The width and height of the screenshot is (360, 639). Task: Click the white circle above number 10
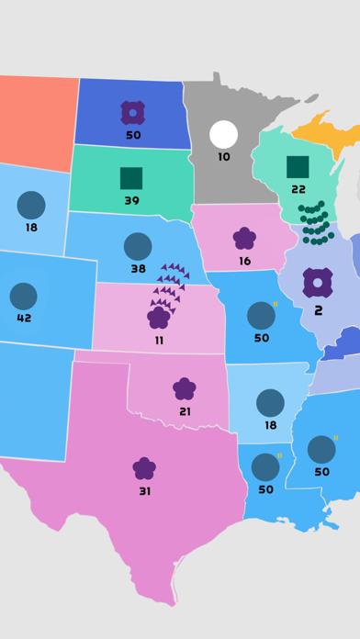223,134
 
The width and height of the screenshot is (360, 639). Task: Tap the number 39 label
131,201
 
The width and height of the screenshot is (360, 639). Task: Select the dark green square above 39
131,178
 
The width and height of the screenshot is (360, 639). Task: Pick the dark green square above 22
298,166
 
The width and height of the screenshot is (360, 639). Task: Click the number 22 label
298,189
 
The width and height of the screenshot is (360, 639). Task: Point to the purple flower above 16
244,239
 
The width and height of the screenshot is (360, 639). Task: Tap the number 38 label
138,269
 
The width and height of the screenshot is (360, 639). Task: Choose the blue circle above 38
138,246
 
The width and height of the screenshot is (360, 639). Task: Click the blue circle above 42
23,296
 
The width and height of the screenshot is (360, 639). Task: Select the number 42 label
24,319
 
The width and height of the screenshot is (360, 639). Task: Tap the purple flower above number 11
159,318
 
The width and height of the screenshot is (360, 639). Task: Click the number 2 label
318,310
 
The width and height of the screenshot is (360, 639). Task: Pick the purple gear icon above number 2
318,283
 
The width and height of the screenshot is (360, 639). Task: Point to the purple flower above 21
185,388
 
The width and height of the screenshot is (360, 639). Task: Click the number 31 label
144,491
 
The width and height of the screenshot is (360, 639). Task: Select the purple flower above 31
144,468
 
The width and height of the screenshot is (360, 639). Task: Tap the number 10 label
223,157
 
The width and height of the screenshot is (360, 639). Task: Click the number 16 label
244,262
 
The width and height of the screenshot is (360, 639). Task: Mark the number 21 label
185,411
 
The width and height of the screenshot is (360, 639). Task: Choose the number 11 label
159,341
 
